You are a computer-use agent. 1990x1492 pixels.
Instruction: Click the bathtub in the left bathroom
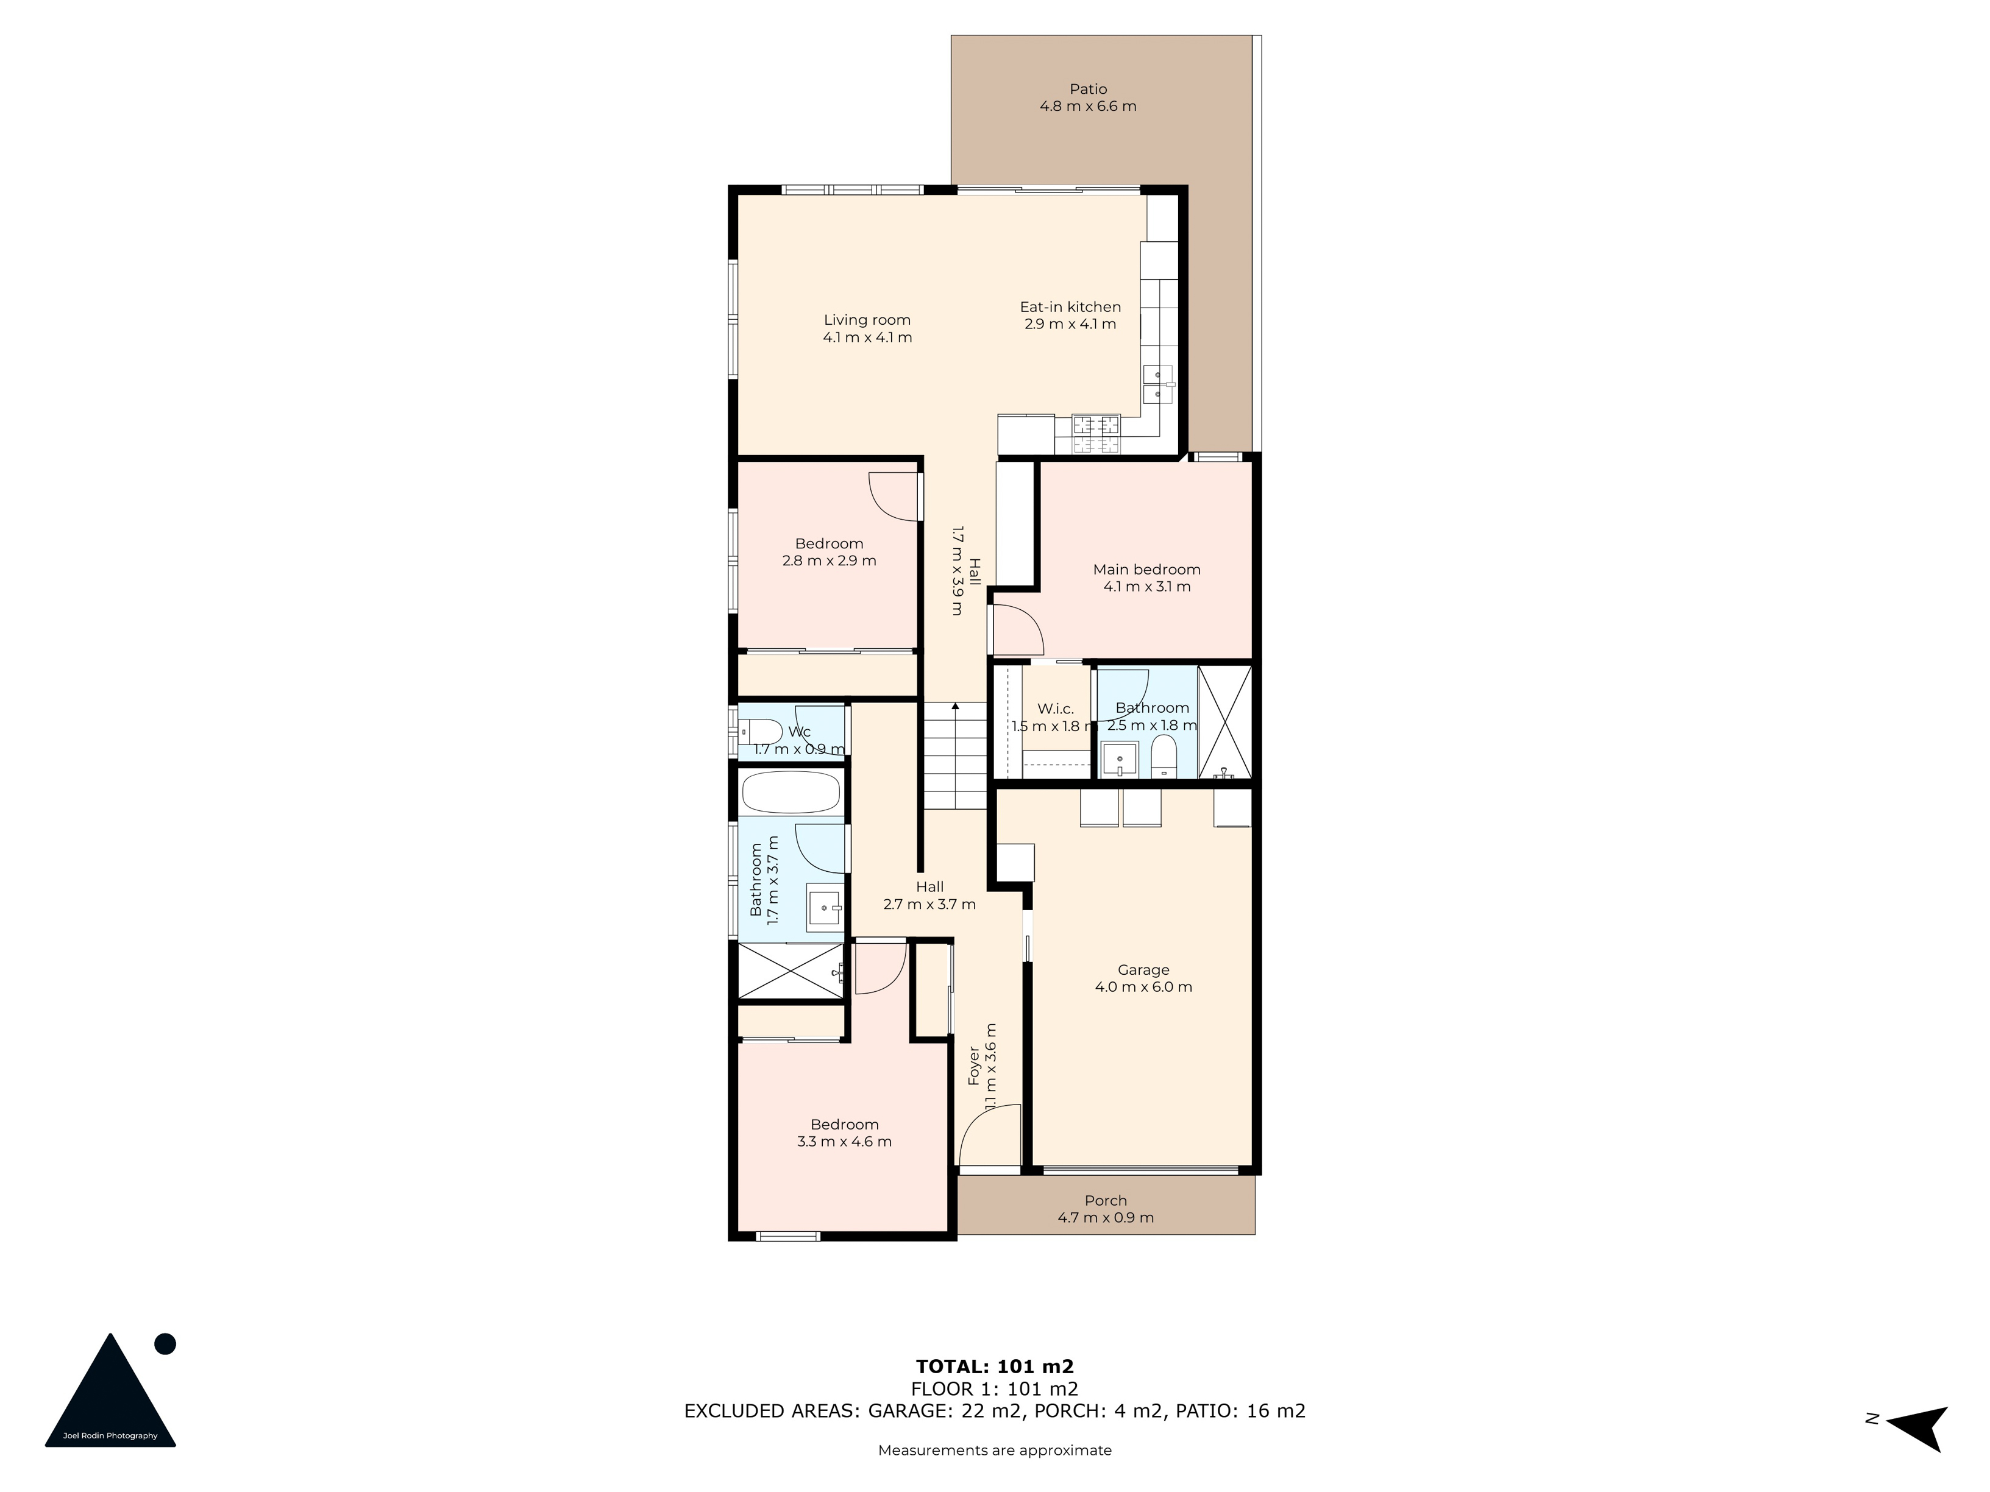[792, 793]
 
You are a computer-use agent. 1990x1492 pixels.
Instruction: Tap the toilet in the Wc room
[760, 732]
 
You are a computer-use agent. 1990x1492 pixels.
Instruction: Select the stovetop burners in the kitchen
[1096, 434]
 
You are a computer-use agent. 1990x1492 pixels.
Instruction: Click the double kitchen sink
[1159, 385]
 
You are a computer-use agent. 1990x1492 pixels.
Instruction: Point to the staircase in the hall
[956, 755]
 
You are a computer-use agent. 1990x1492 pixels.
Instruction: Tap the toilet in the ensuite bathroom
[1164, 755]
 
